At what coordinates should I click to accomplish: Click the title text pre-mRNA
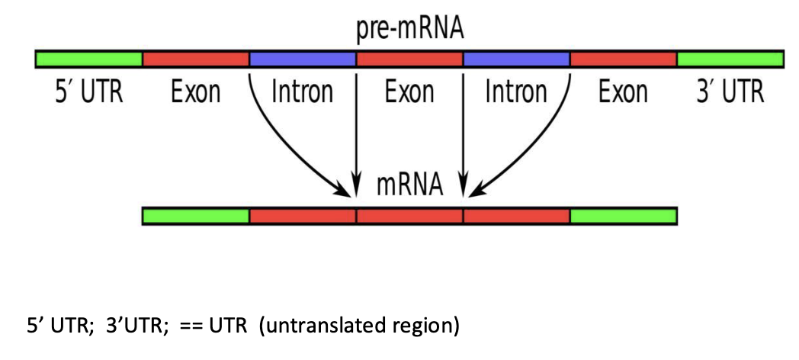point(409,30)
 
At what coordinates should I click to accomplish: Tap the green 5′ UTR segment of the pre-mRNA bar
point(89,59)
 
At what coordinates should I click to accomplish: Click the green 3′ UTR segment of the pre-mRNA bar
point(730,59)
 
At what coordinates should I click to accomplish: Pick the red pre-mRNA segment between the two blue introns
point(409,59)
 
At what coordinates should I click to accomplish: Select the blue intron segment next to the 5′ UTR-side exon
point(303,59)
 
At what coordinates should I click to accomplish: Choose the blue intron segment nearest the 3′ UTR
point(516,59)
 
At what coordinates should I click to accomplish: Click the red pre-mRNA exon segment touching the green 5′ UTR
point(196,59)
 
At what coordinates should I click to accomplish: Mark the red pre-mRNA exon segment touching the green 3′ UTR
point(623,59)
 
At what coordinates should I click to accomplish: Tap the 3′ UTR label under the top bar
point(730,92)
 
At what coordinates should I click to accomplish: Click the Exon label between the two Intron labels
point(409,92)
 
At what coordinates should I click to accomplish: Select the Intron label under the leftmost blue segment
point(303,92)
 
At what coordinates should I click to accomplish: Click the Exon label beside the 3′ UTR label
point(623,92)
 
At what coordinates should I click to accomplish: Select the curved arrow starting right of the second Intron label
point(541,145)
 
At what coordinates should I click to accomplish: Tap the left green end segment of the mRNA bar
point(196,216)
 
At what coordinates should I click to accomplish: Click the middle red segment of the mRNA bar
point(409,216)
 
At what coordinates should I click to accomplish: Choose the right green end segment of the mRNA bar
point(623,216)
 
